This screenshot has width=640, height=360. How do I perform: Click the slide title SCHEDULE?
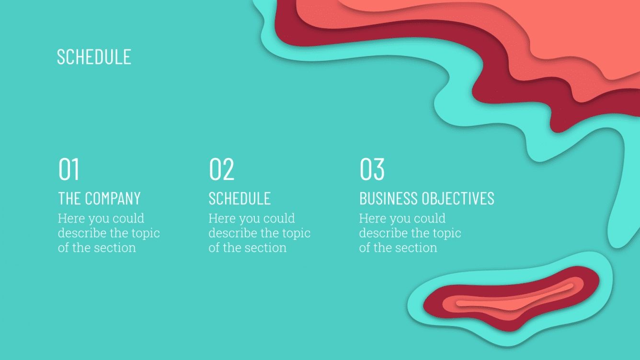pos(94,56)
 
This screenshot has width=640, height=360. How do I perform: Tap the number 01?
pos(69,169)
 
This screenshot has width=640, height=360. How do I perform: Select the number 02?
pos(221,169)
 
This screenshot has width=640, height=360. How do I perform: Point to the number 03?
pos(372,169)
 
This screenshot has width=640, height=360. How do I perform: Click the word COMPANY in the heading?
pos(113,198)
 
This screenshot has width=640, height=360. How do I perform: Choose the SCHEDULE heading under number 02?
pos(240,198)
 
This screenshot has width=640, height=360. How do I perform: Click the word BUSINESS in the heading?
pos(389,198)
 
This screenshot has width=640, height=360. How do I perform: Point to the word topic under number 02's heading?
pos(296,234)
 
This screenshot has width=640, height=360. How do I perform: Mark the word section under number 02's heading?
pos(266,248)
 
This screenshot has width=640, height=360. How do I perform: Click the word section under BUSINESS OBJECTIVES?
pos(417,248)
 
